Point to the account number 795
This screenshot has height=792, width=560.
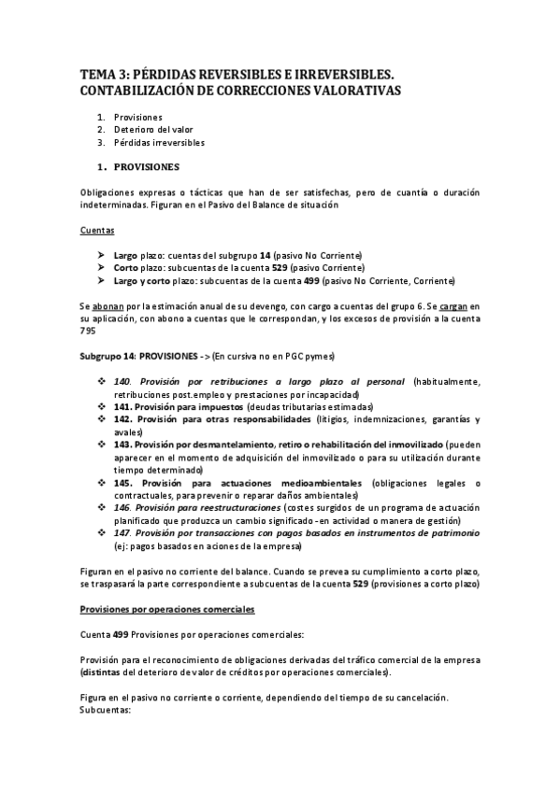(87, 330)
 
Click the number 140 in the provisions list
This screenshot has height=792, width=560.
(121, 382)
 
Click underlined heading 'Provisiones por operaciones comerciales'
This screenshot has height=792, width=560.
(166, 609)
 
